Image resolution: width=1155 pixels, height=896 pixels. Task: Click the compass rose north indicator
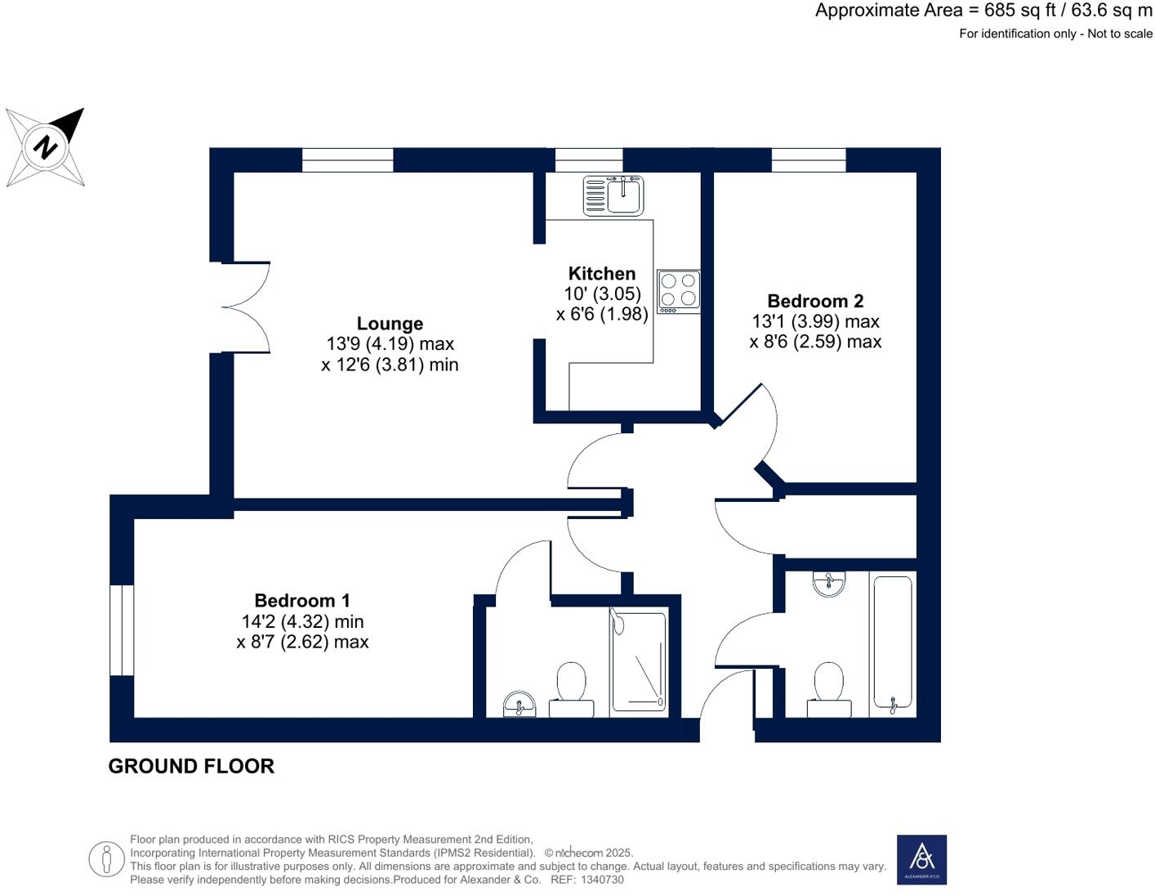(x=46, y=147)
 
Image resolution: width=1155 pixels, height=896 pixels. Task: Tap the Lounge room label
(x=390, y=324)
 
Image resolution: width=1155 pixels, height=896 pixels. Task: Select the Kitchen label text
(x=601, y=274)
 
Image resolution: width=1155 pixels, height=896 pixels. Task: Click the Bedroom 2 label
(x=815, y=302)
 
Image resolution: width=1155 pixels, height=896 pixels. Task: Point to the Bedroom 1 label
(x=302, y=601)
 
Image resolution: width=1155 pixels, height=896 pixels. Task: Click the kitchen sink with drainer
(x=613, y=195)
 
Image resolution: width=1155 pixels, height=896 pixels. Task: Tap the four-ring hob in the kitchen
(x=679, y=291)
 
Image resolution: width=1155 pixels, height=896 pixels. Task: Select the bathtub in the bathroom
(x=892, y=643)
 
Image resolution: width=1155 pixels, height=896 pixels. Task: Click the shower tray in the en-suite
(x=639, y=661)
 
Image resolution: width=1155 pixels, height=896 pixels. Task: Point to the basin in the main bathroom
(x=829, y=584)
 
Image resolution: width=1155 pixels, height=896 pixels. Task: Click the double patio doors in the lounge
(x=245, y=307)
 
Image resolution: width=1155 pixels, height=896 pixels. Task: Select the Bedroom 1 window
(x=122, y=629)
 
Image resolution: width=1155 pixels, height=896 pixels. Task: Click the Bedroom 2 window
(x=809, y=160)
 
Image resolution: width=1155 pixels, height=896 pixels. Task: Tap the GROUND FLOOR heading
(x=191, y=766)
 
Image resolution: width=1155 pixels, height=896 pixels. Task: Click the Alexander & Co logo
(x=921, y=859)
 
